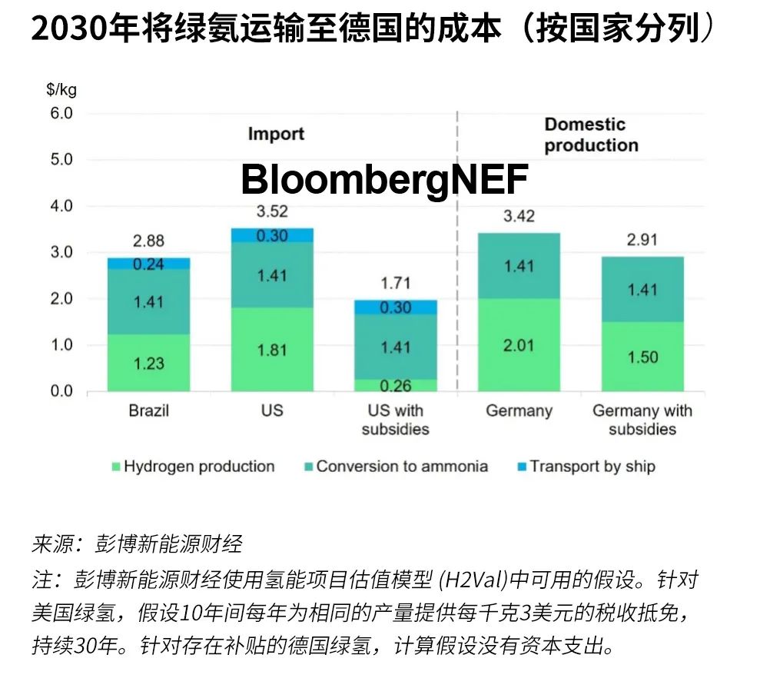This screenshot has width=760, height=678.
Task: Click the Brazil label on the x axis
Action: pos(148,410)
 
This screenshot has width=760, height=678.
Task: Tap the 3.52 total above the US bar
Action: pos(272,211)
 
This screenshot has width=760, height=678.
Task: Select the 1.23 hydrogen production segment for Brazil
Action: pos(148,363)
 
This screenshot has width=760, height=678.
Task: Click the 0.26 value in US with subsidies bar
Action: pos(395,385)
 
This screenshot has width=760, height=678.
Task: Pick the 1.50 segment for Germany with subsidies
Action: pos(642,357)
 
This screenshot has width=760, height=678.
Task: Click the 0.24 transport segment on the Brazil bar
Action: pos(148,263)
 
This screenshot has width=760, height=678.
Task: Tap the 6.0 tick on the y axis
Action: pos(61,114)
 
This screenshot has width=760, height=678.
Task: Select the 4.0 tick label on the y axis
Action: pos(61,206)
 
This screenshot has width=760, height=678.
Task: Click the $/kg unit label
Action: pos(61,89)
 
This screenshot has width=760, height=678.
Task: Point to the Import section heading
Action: pos(276,134)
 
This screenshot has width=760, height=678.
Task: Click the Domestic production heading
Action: pos(591,135)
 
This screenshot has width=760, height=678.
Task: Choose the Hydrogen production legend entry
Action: pos(192,467)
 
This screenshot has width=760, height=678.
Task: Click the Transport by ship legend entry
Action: pos(585,467)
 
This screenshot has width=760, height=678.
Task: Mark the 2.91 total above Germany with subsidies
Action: pos(642,239)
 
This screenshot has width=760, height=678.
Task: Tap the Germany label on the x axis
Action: pos(519,410)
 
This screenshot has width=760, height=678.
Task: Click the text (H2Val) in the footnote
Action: pos(481,578)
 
